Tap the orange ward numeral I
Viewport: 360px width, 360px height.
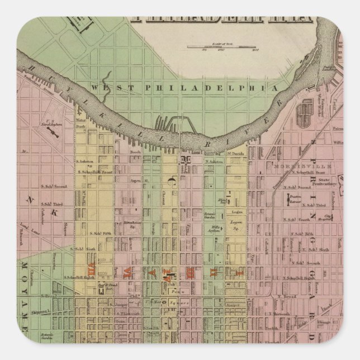pyautogui.click(x=241, y=274)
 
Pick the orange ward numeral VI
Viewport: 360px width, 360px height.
pyautogui.click(x=127, y=274)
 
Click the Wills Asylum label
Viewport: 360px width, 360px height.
pyautogui.click(x=214, y=228)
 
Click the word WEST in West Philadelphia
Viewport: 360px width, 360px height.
pyautogui.click(x=104, y=87)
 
